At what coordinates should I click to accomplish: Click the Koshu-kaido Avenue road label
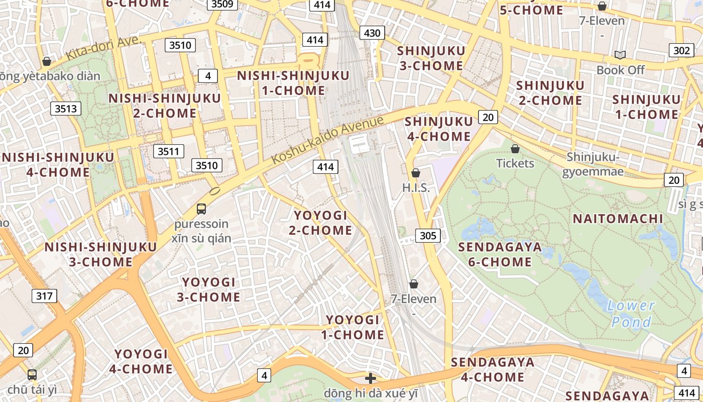[x=328, y=139]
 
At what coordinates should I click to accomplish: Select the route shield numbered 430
[x=372, y=33]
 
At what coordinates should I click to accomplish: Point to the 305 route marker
[x=428, y=235]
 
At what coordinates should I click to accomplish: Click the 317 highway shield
[x=44, y=295]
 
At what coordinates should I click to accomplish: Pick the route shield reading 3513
[x=66, y=109]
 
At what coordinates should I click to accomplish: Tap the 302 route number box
[x=681, y=50]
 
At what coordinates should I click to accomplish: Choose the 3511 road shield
[x=169, y=151]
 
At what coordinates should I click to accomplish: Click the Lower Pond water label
[x=631, y=314]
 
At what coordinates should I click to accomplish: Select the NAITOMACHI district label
[x=618, y=219]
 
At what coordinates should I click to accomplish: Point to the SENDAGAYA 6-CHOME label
[x=500, y=254]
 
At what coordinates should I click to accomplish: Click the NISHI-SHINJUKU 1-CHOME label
[x=293, y=83]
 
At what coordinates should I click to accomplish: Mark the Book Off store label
[x=620, y=70]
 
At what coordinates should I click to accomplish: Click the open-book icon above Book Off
[x=620, y=55]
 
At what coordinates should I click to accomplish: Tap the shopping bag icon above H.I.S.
[x=415, y=173]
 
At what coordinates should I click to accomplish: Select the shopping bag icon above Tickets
[x=515, y=149]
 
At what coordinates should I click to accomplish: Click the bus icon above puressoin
[x=201, y=209]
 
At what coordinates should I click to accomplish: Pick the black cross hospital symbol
[x=371, y=378]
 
